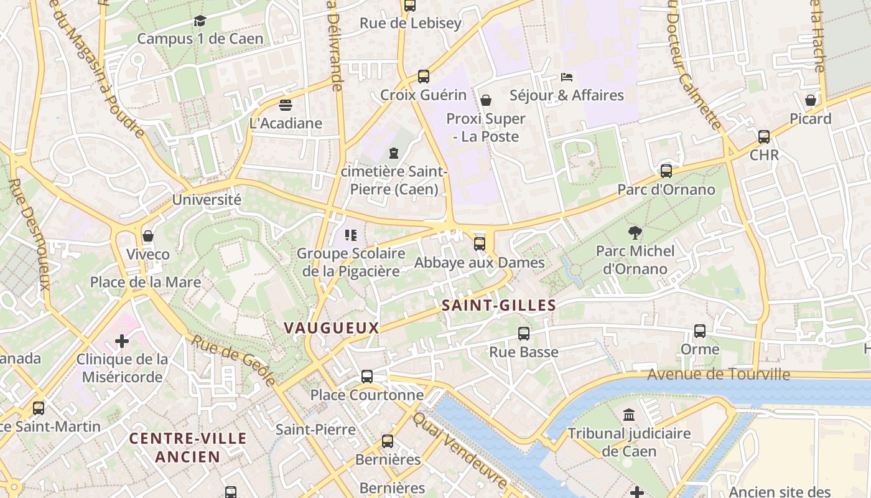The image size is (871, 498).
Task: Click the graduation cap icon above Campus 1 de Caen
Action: tap(200, 21)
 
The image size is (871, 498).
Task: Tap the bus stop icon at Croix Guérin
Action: tap(423, 77)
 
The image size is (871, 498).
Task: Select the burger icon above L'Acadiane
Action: tap(286, 105)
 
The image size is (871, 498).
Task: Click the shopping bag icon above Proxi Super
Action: tap(486, 100)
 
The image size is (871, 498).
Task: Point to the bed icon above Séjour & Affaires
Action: tap(566, 77)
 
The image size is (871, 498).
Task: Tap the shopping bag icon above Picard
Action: tap(810, 100)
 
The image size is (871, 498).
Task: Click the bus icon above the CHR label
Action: tap(764, 137)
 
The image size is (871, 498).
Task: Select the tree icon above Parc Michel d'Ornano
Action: tap(635, 233)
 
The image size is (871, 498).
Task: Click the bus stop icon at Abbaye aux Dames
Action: tap(479, 244)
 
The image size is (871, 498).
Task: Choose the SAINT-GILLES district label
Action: tap(498, 305)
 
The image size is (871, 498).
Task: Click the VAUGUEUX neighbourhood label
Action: tap(331, 327)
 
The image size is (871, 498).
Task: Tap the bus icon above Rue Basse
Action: tap(523, 334)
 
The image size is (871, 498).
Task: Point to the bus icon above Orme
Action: tap(700, 331)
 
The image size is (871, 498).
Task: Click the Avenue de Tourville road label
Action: tap(719, 374)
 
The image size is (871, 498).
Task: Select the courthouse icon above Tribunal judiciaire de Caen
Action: tap(629, 415)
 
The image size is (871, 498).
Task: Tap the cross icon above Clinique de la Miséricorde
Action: tap(122, 341)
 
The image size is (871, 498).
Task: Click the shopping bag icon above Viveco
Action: tap(148, 236)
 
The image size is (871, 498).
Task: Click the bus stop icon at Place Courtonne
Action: tap(367, 377)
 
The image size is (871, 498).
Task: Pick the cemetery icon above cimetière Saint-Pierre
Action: tap(393, 153)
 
